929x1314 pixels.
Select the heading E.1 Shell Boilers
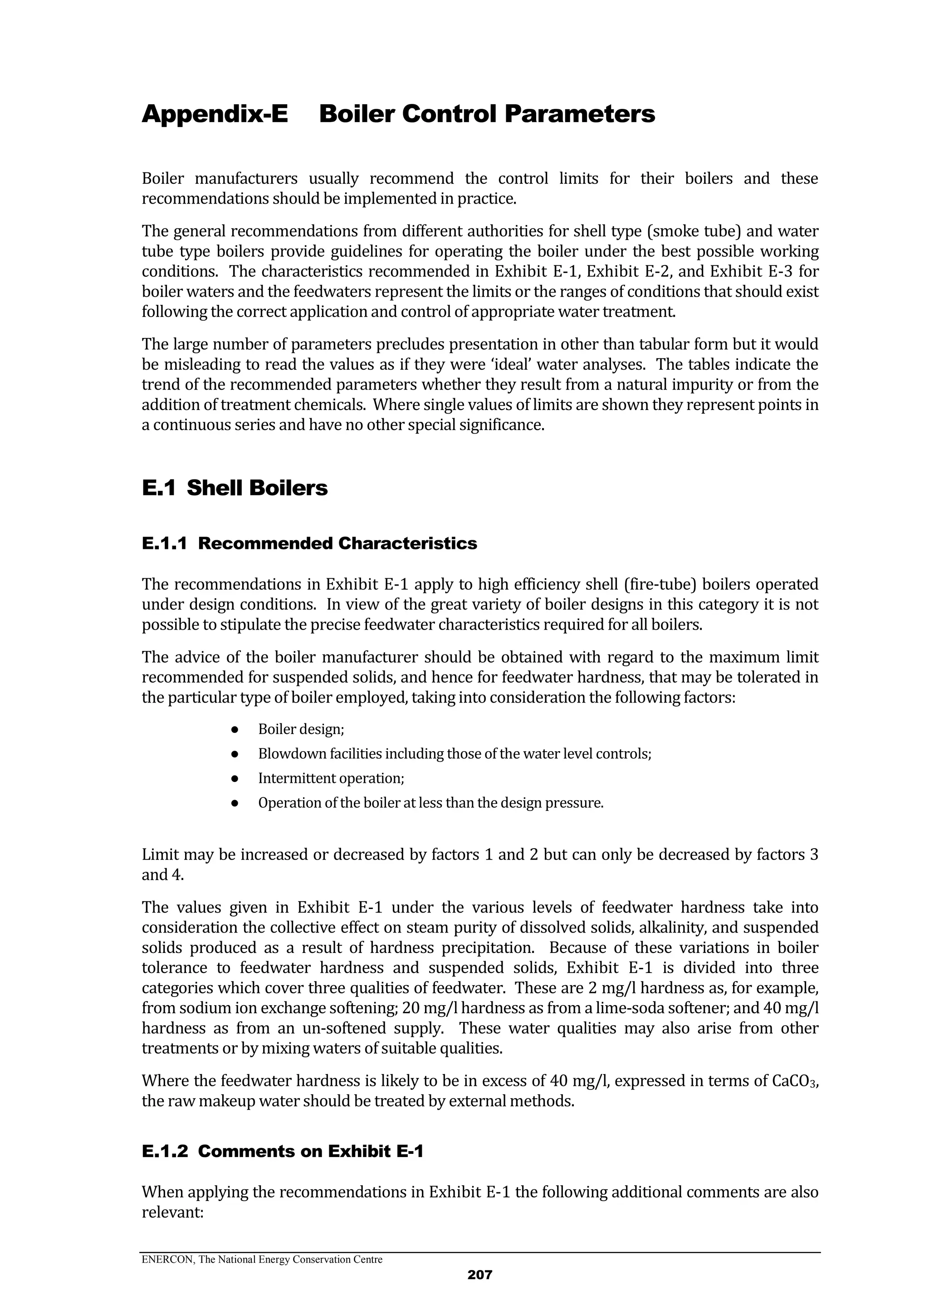(x=235, y=488)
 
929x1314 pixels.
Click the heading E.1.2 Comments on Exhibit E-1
(x=282, y=1151)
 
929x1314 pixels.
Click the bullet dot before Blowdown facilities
(x=235, y=754)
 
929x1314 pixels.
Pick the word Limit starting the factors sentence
(x=160, y=855)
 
